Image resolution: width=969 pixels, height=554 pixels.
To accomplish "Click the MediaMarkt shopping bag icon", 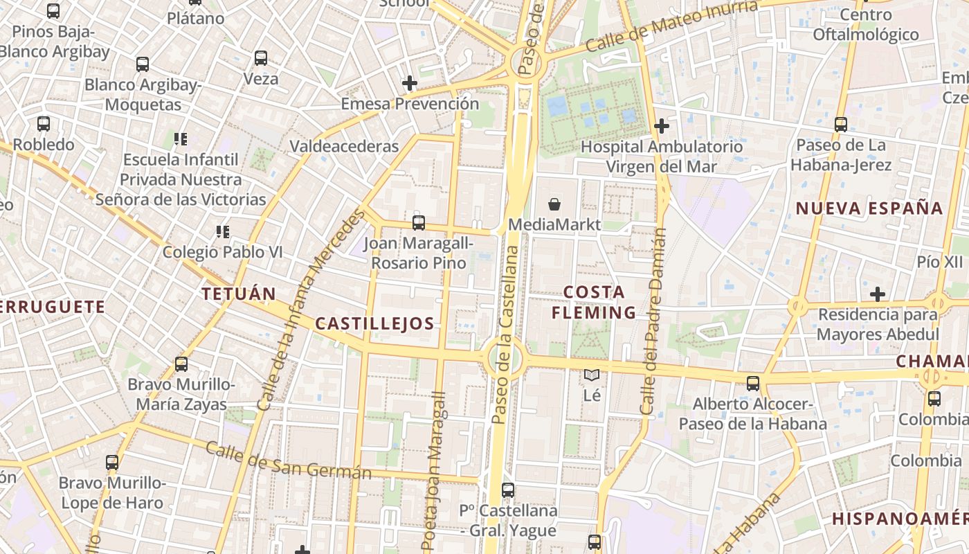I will (x=554, y=204).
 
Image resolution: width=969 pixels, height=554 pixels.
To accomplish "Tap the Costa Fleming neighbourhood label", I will (x=594, y=302).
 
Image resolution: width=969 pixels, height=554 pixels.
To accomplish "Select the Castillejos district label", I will (x=374, y=323).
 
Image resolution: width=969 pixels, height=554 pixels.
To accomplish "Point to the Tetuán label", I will (x=239, y=294).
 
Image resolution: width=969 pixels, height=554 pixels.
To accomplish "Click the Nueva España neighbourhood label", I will (x=869, y=208).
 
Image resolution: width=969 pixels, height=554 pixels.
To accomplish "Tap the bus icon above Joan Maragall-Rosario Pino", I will (x=419, y=223).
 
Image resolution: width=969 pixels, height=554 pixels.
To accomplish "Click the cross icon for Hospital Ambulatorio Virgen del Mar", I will (x=662, y=126).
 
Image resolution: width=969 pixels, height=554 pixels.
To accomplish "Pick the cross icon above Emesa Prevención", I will (x=410, y=84).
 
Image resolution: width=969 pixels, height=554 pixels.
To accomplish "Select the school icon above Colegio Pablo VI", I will (x=222, y=231).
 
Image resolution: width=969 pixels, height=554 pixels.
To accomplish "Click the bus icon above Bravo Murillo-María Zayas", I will (x=181, y=364).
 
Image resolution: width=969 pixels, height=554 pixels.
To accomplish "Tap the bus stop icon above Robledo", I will (x=44, y=124).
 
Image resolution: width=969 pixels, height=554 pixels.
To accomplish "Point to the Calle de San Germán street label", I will (x=289, y=461).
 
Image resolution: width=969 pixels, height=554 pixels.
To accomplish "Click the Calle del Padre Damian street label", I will (x=653, y=322).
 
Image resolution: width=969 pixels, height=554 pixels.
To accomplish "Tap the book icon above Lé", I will (x=592, y=375).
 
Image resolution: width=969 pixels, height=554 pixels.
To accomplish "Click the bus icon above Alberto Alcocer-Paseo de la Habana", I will (x=753, y=383).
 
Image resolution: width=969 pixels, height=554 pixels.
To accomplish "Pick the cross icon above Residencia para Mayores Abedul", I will (x=878, y=294).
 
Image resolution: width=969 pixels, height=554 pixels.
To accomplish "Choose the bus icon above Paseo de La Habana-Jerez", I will (x=841, y=125).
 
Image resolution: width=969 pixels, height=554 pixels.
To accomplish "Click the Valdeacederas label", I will (x=344, y=146).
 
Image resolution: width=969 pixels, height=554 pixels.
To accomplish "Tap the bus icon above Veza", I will (x=261, y=58).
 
